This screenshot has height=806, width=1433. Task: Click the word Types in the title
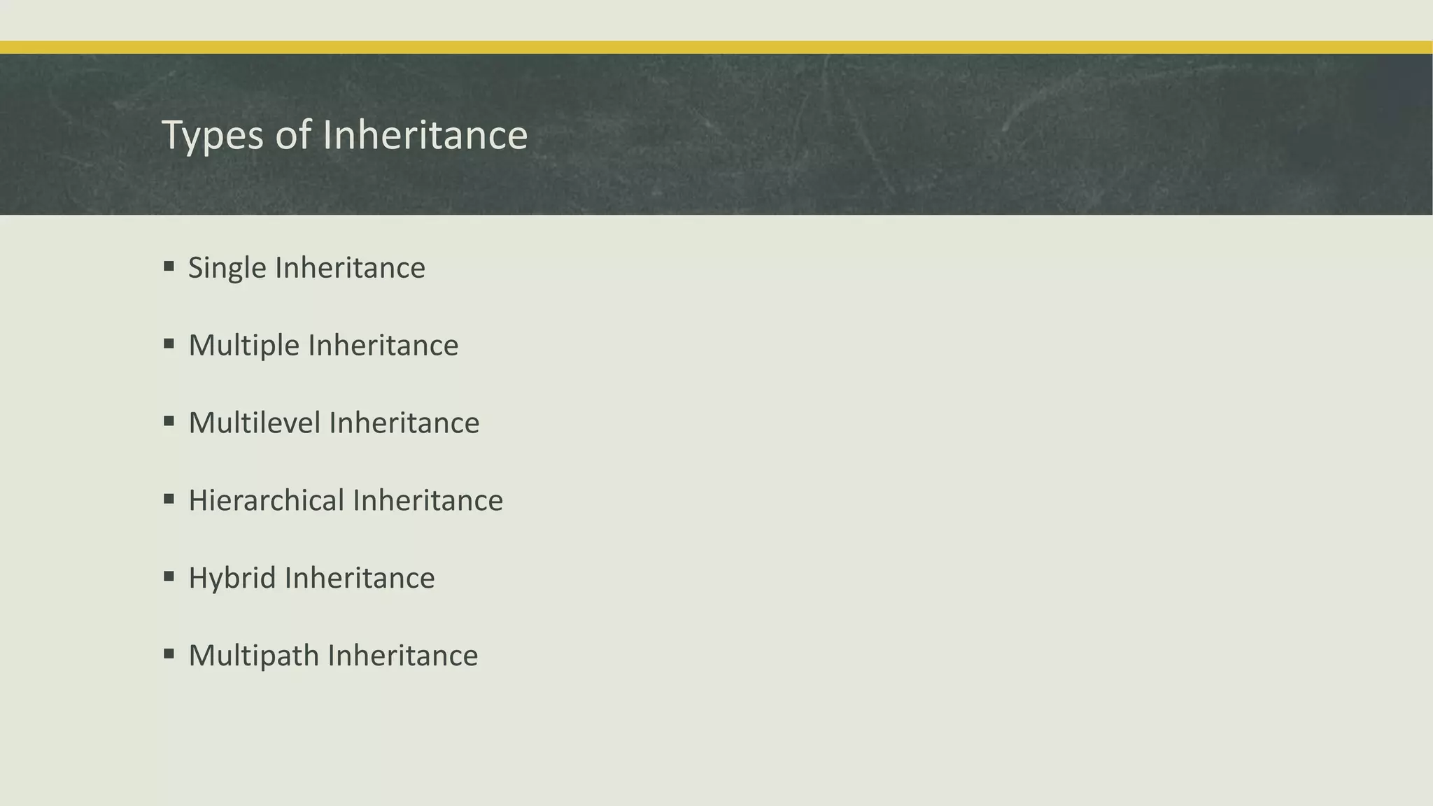(x=213, y=135)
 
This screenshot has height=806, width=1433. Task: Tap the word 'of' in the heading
(x=292, y=135)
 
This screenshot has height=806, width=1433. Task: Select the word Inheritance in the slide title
(x=425, y=135)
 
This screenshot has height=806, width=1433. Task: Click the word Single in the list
(x=227, y=268)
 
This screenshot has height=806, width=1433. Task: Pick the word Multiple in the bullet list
(x=243, y=346)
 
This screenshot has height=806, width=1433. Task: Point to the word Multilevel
(x=254, y=423)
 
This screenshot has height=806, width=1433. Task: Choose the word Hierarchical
(x=267, y=501)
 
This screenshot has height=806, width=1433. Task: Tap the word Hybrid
(x=232, y=579)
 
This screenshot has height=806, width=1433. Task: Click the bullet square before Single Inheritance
(x=169, y=266)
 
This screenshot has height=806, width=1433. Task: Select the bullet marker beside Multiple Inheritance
(x=169, y=344)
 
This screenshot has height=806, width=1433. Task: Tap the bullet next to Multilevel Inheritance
(x=169, y=421)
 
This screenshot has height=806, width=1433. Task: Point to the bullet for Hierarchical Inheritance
(x=169, y=499)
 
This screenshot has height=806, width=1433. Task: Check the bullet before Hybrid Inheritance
(x=169, y=577)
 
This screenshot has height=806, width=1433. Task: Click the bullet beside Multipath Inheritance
(x=169, y=654)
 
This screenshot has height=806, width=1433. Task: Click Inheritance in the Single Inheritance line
(x=350, y=268)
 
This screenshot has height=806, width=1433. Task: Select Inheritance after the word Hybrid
(x=360, y=579)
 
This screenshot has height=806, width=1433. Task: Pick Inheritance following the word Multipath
(x=403, y=656)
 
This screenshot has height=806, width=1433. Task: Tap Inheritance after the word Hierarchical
(x=428, y=501)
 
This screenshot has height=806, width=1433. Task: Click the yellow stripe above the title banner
(x=716, y=47)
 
